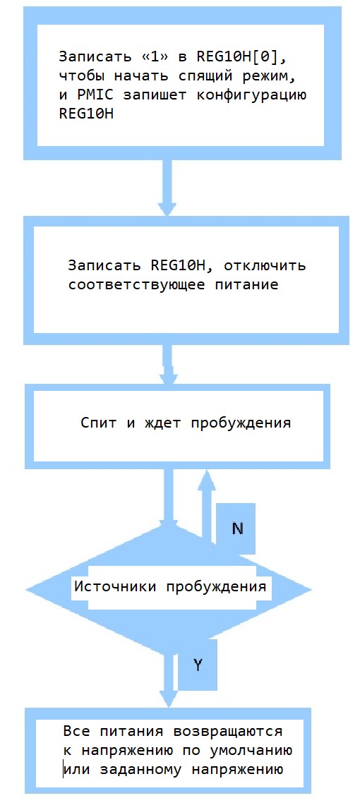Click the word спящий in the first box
(196, 77)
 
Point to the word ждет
(160, 423)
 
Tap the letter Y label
(197, 665)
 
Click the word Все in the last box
(76, 732)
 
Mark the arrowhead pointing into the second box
(167, 207)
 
